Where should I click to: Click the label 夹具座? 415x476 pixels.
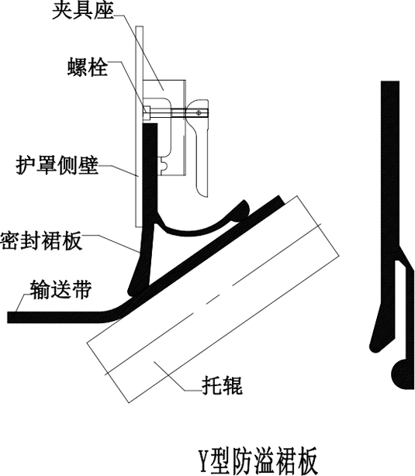(83, 11)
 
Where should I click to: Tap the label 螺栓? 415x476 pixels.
(88, 67)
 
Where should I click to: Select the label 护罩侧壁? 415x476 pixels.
(57, 165)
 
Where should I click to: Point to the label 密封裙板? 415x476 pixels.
(41, 240)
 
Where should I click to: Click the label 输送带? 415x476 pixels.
(61, 289)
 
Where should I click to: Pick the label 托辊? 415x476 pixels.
(223, 385)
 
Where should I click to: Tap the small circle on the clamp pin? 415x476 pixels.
(199, 113)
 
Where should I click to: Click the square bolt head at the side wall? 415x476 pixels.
(147, 109)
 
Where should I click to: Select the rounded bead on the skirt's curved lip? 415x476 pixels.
(243, 209)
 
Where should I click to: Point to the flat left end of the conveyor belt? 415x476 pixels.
(9, 317)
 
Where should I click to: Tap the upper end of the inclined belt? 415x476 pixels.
(280, 198)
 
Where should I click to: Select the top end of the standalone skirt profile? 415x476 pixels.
(390, 82)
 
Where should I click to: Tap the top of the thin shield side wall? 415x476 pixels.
(139, 27)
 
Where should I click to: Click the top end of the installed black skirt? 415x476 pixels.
(150, 124)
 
